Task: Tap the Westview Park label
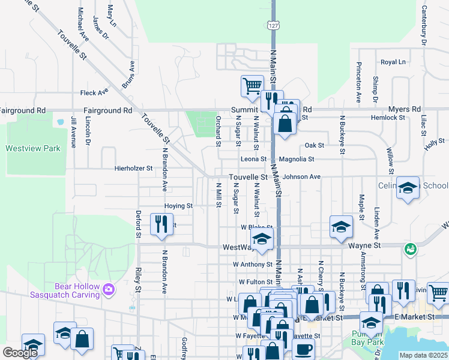pos(33,148)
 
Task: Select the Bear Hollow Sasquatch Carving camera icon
pos(108,290)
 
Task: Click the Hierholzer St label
pos(133,169)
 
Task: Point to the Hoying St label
pos(178,206)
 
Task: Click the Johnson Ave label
pos(302,177)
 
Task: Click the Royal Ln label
pos(393,62)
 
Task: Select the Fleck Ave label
pos(94,93)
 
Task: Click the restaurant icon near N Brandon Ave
pos(161,224)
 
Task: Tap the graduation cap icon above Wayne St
pos(340,226)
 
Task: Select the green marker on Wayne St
pos(411,248)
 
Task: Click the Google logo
pos(20,353)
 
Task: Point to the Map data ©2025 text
pos(423,355)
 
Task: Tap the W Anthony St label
pos(253,264)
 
